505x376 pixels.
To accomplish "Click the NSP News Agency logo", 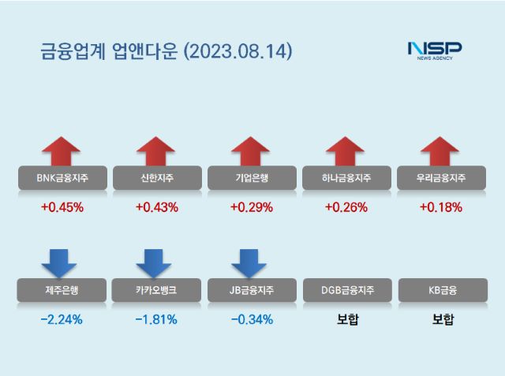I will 434,50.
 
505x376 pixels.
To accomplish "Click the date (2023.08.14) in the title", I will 238,52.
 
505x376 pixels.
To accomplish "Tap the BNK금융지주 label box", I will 62,179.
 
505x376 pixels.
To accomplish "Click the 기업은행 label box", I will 251,179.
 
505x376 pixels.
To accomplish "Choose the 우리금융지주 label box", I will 440,179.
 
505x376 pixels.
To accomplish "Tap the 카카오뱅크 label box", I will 156,291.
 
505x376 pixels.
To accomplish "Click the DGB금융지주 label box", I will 345,291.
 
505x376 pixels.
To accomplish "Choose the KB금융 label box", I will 440,291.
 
